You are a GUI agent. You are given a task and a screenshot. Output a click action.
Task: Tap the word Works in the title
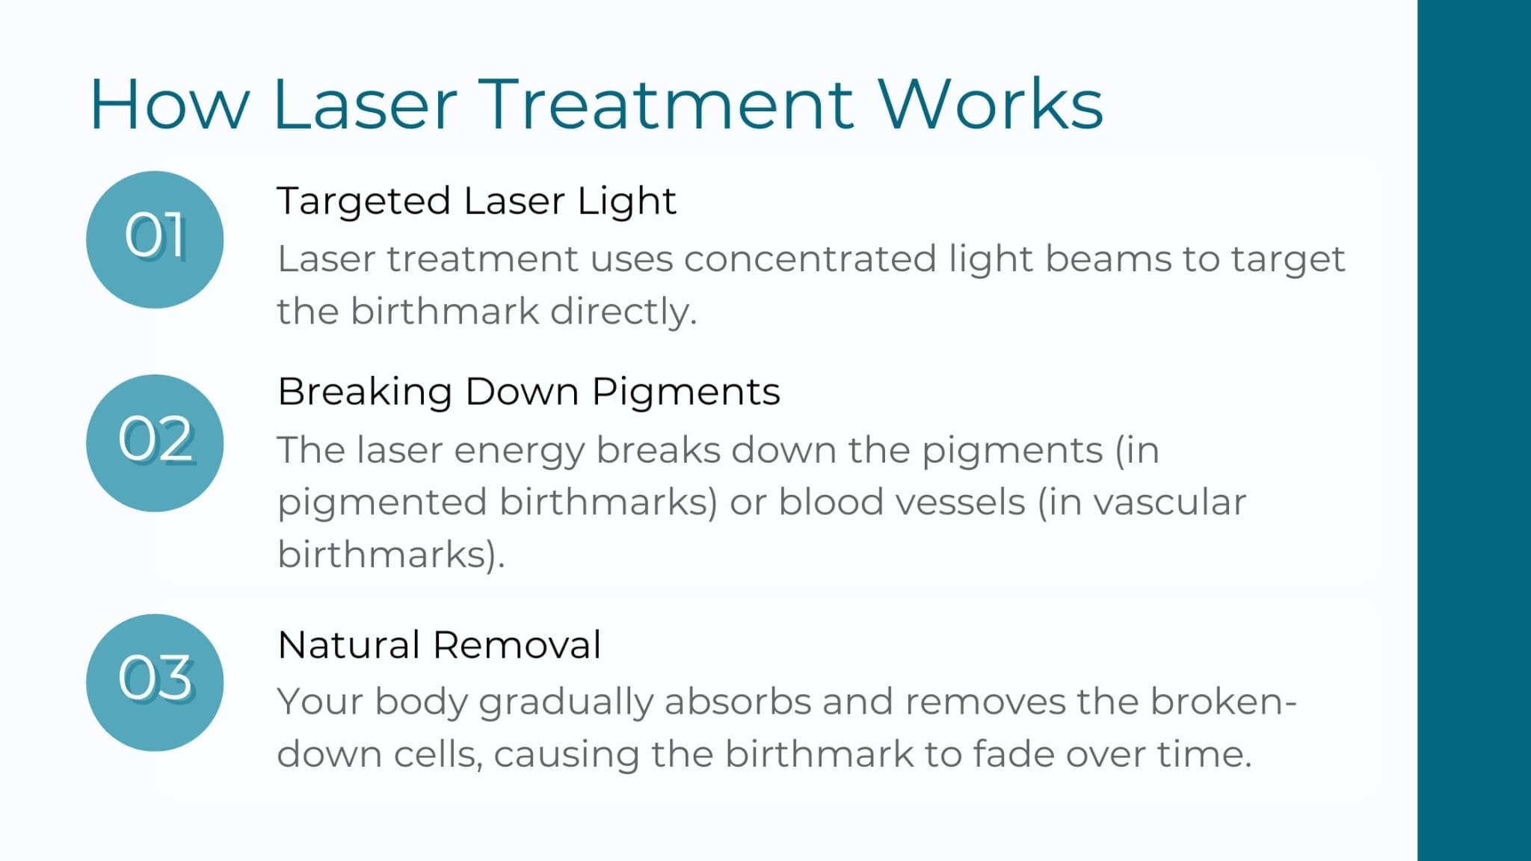990,105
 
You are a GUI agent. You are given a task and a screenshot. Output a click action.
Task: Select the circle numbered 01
155,239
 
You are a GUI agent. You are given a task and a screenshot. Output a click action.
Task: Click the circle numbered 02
155,442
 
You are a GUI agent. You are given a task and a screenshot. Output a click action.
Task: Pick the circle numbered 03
155,682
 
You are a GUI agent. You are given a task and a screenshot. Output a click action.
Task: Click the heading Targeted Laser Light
476,201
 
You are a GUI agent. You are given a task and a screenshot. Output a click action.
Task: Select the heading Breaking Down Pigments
529,392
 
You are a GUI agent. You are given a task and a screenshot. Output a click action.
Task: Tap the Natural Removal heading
439,645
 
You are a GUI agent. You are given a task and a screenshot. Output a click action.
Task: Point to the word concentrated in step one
810,259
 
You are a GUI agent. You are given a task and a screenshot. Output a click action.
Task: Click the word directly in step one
623,312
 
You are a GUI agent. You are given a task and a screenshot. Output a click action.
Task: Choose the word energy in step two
519,451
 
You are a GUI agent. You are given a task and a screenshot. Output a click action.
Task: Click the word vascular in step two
1170,502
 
